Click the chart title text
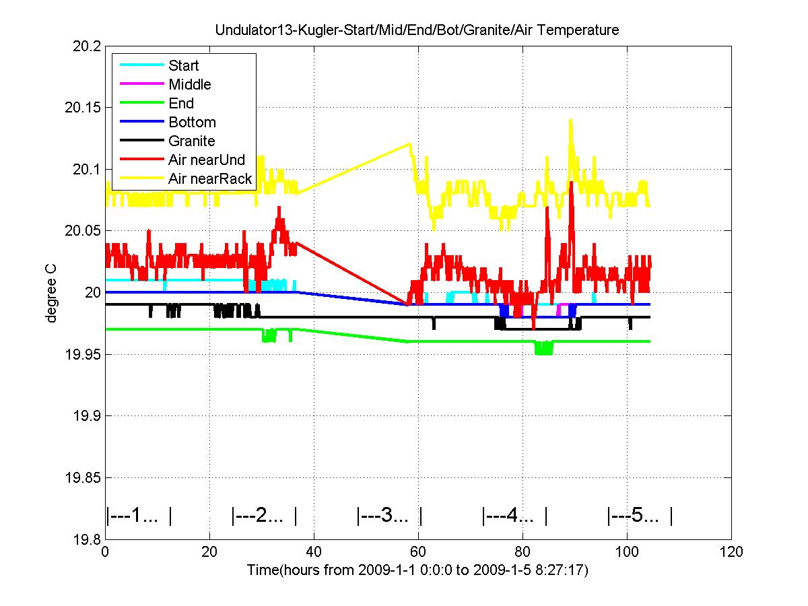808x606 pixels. click(x=417, y=30)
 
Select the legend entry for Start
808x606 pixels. click(x=183, y=65)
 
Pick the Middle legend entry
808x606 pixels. click(x=189, y=84)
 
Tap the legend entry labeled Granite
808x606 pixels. click(x=191, y=141)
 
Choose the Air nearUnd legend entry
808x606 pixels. click(x=207, y=160)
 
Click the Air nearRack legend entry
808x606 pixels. click(x=210, y=178)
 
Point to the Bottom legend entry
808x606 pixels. click(x=192, y=122)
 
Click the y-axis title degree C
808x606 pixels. click(x=51, y=292)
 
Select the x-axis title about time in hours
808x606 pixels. click(x=417, y=571)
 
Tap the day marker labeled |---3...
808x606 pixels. click(x=389, y=516)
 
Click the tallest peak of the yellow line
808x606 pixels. click(x=570, y=121)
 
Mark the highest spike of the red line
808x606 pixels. click(x=571, y=182)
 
